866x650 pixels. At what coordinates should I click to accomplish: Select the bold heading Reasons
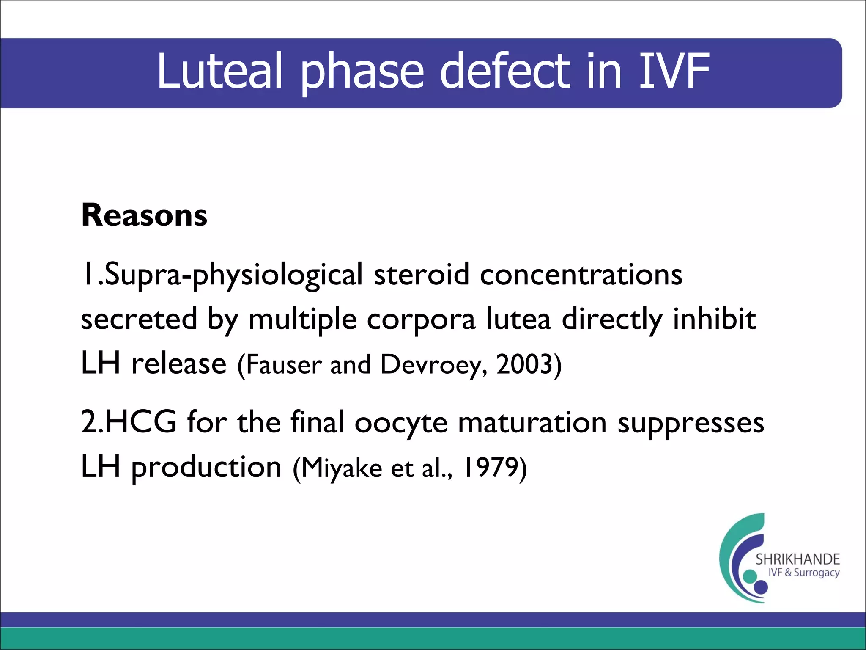point(144,215)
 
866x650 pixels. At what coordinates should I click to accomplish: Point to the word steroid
point(421,274)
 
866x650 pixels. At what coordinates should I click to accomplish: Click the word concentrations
point(581,274)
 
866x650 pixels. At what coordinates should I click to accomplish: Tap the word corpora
point(421,320)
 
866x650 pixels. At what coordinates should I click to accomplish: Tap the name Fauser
point(284,365)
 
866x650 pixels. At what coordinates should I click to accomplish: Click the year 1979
point(491,467)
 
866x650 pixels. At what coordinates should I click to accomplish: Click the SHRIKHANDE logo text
point(797,559)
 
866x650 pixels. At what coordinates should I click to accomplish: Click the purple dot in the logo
point(761,587)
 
